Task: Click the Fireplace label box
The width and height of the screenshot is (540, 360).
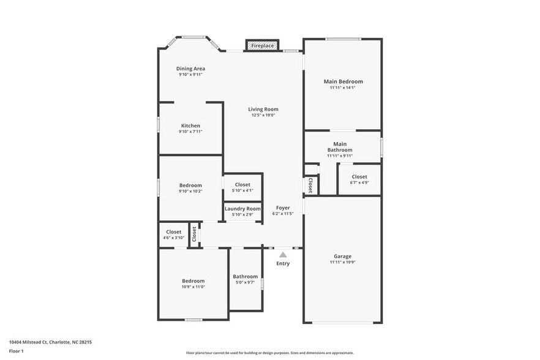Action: click(262, 46)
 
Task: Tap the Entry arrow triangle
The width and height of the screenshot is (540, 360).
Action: click(283, 255)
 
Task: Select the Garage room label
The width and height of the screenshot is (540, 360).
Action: click(343, 257)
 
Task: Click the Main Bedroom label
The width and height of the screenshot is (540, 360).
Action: click(343, 81)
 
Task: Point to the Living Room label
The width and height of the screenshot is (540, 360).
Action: click(263, 109)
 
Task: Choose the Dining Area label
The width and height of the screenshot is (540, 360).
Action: click(190, 69)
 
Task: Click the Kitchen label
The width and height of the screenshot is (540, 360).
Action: click(190, 126)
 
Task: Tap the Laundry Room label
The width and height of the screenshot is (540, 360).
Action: click(242, 209)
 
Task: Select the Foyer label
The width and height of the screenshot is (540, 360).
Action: click(283, 208)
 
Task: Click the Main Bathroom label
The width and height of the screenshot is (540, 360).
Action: click(340, 147)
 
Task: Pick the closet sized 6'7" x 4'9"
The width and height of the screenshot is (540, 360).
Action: click(359, 179)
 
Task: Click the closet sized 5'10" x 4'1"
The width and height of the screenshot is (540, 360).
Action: click(242, 187)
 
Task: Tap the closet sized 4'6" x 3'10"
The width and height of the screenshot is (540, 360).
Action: click(174, 235)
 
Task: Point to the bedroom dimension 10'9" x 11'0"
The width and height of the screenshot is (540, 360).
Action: click(193, 287)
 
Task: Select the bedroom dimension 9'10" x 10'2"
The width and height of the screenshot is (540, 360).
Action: click(190, 191)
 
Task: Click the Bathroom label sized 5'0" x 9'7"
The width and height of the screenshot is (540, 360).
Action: click(245, 279)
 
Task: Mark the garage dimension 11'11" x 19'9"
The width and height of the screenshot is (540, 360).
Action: click(343, 262)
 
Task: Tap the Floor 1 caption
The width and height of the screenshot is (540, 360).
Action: click(16, 351)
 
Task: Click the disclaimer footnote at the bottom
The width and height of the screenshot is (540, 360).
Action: click(269, 353)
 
